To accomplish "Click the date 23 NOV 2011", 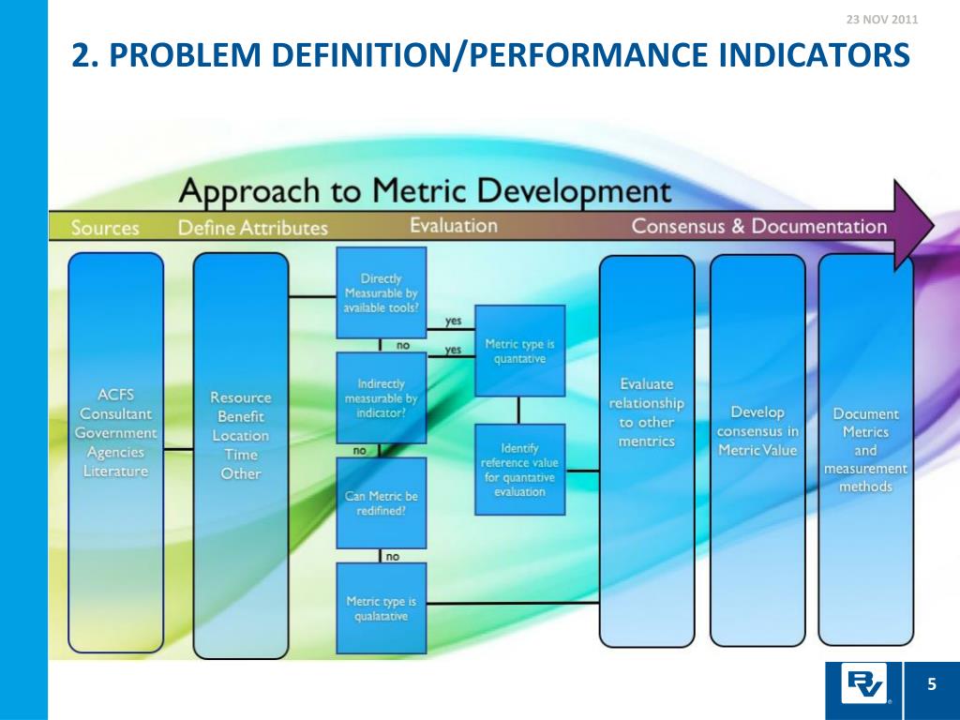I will [x=881, y=20].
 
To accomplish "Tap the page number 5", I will [x=932, y=684].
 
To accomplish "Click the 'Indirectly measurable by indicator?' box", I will [x=382, y=397].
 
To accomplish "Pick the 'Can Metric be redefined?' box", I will [x=382, y=502].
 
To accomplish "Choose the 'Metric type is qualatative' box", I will [x=382, y=607].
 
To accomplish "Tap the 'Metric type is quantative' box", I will [x=520, y=350].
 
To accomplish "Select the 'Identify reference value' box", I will [x=520, y=469].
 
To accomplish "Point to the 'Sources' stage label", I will [x=105, y=228].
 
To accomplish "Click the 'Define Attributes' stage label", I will [x=253, y=228].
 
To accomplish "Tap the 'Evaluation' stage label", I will [x=454, y=226].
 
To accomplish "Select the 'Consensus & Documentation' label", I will [x=758, y=226].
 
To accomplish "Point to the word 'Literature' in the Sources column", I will [x=116, y=471].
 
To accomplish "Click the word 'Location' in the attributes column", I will [x=240, y=435].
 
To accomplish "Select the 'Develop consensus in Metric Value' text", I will [x=757, y=431].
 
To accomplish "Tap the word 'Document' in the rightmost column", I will [x=865, y=413].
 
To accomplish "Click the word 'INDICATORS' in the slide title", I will [x=815, y=55].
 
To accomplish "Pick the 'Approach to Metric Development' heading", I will [x=425, y=191].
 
